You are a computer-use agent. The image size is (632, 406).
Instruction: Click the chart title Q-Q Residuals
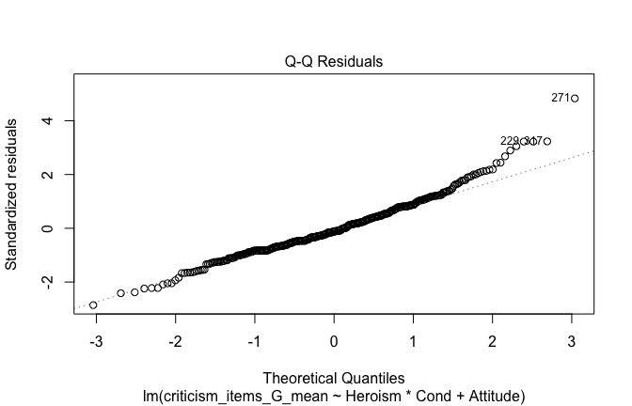coord(334,62)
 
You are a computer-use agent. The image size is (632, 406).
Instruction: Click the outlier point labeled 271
coord(574,98)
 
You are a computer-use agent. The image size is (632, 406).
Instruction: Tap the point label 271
coord(560,98)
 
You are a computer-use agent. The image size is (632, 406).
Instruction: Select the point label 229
coord(510,141)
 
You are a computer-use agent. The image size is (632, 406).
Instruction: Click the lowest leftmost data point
coord(93,305)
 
